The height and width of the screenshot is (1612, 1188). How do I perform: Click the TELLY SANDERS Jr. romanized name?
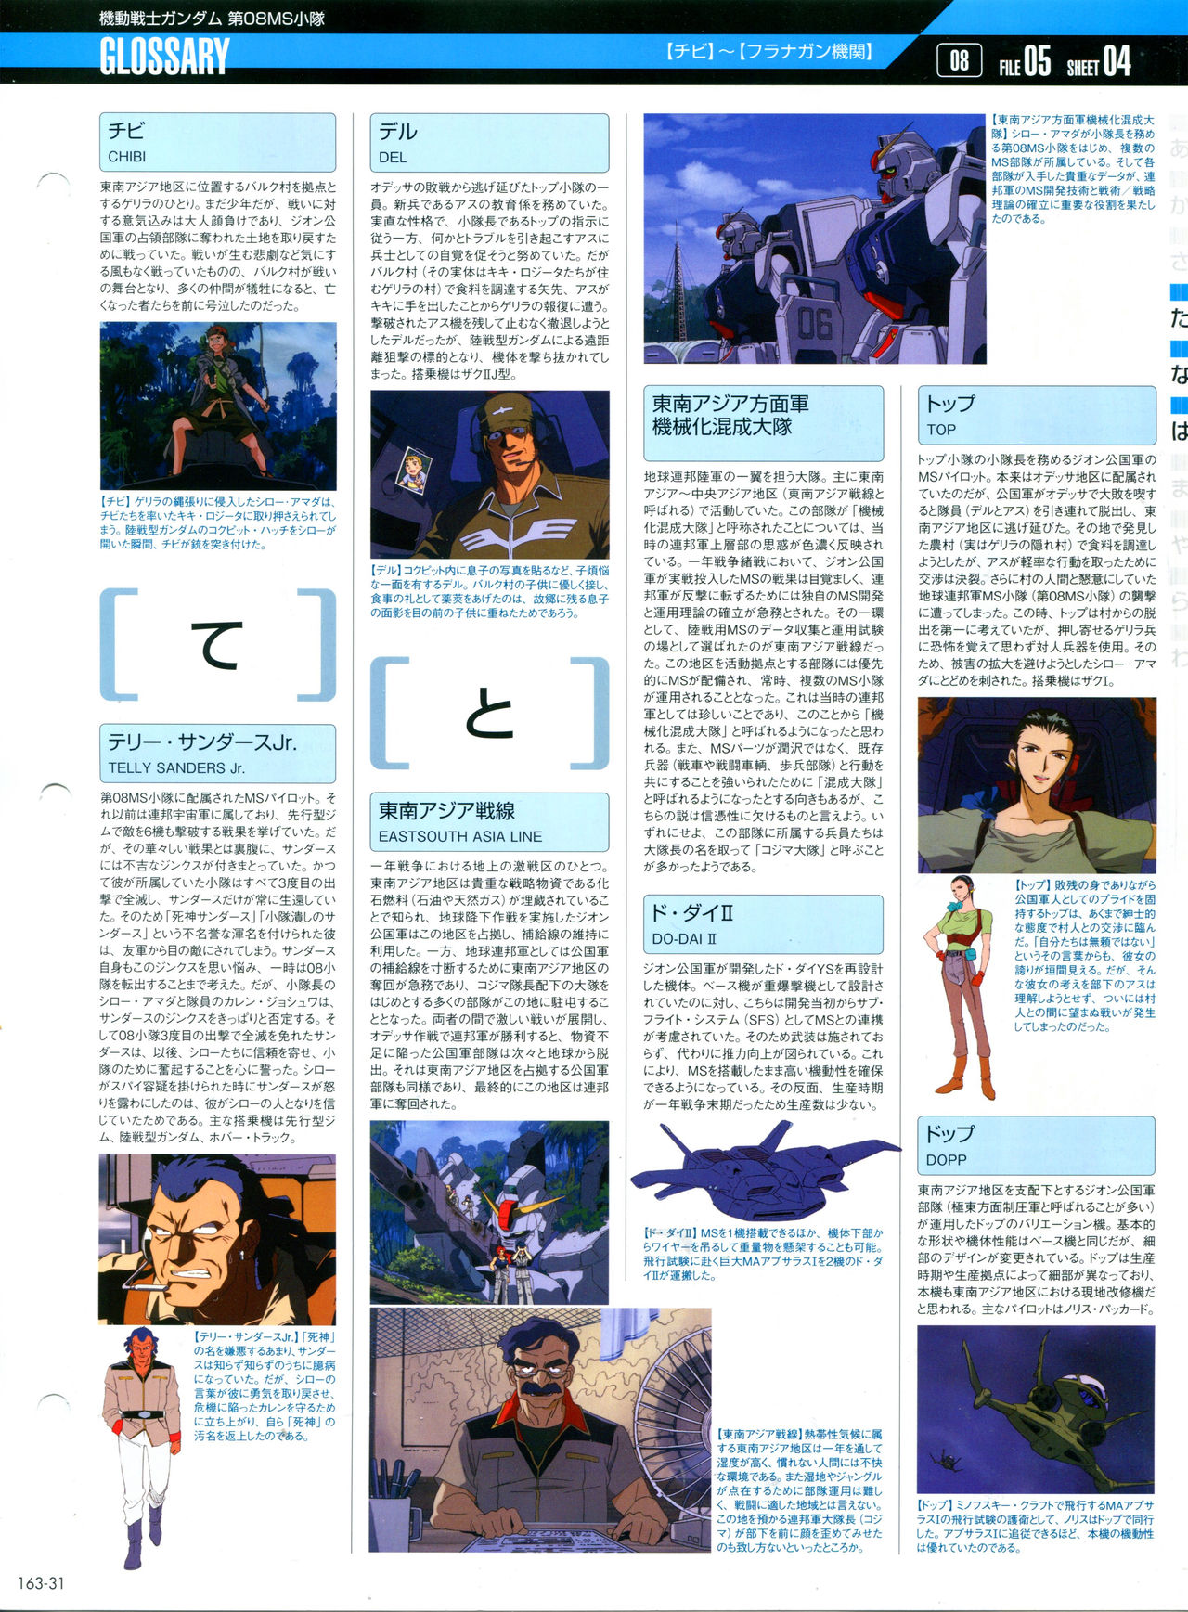[176, 767]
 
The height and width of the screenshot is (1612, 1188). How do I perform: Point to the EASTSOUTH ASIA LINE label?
[459, 835]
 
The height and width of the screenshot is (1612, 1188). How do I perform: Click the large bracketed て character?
[217, 645]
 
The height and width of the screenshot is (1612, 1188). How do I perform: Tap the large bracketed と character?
[489, 712]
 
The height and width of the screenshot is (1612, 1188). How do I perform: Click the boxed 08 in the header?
[960, 61]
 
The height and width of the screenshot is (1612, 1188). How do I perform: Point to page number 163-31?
[41, 1583]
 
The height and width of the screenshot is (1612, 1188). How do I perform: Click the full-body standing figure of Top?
[965, 984]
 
